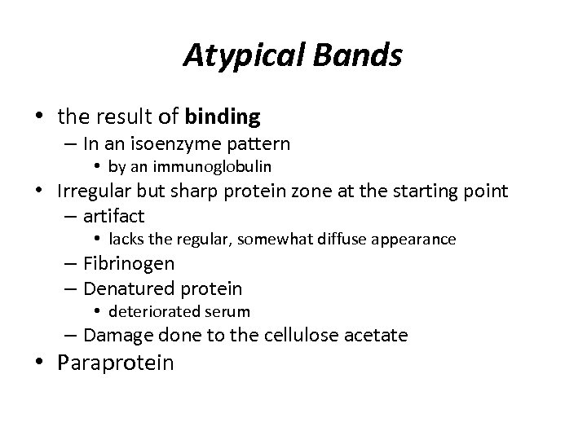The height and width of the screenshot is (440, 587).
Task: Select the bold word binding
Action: pyautogui.click(x=223, y=117)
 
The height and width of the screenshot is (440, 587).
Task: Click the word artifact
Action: pyautogui.click(x=114, y=216)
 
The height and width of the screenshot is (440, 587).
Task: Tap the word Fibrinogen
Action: pyautogui.click(x=129, y=263)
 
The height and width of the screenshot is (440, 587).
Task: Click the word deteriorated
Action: pyautogui.click(x=150, y=311)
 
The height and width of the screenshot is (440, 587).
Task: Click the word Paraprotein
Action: pyautogui.click(x=116, y=363)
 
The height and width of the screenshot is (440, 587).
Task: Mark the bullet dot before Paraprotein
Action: pyautogui.click(x=46, y=362)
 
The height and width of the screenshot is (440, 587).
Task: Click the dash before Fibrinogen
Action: pyautogui.click(x=69, y=264)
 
